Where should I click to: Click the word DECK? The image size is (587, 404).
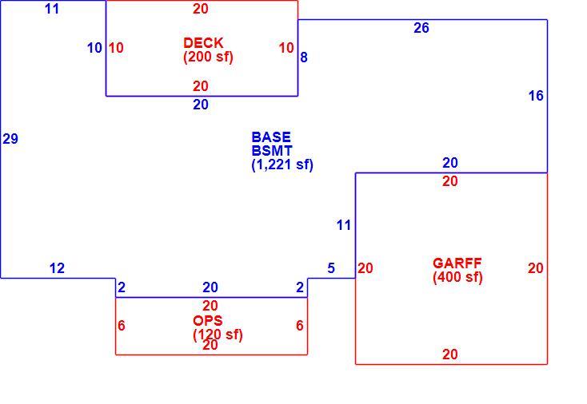(x=203, y=43)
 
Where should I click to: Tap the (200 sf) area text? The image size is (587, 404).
(x=208, y=57)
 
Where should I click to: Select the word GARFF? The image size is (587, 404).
(x=457, y=263)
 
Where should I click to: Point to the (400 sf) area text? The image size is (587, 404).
(x=457, y=277)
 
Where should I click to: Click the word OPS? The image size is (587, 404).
(x=208, y=321)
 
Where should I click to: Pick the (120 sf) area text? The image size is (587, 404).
(x=218, y=335)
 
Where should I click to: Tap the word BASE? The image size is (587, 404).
(x=271, y=137)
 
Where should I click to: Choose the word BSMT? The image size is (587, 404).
(x=272, y=151)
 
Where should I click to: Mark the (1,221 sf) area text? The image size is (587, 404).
(x=282, y=164)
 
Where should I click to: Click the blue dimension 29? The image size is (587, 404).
(x=10, y=139)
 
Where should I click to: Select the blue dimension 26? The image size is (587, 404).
(x=421, y=28)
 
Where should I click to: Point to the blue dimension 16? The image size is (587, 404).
(x=536, y=96)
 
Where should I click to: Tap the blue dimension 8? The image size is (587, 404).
(x=304, y=57)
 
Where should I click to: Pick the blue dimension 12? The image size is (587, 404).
(x=57, y=268)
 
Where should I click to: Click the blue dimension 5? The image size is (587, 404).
(x=331, y=268)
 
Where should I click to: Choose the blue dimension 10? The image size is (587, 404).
(x=94, y=48)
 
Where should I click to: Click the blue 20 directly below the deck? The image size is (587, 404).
(x=201, y=105)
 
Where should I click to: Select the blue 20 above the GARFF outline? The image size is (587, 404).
(x=450, y=163)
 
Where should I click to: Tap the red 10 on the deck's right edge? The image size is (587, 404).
(x=286, y=48)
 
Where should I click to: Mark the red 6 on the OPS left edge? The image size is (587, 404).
(x=122, y=326)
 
